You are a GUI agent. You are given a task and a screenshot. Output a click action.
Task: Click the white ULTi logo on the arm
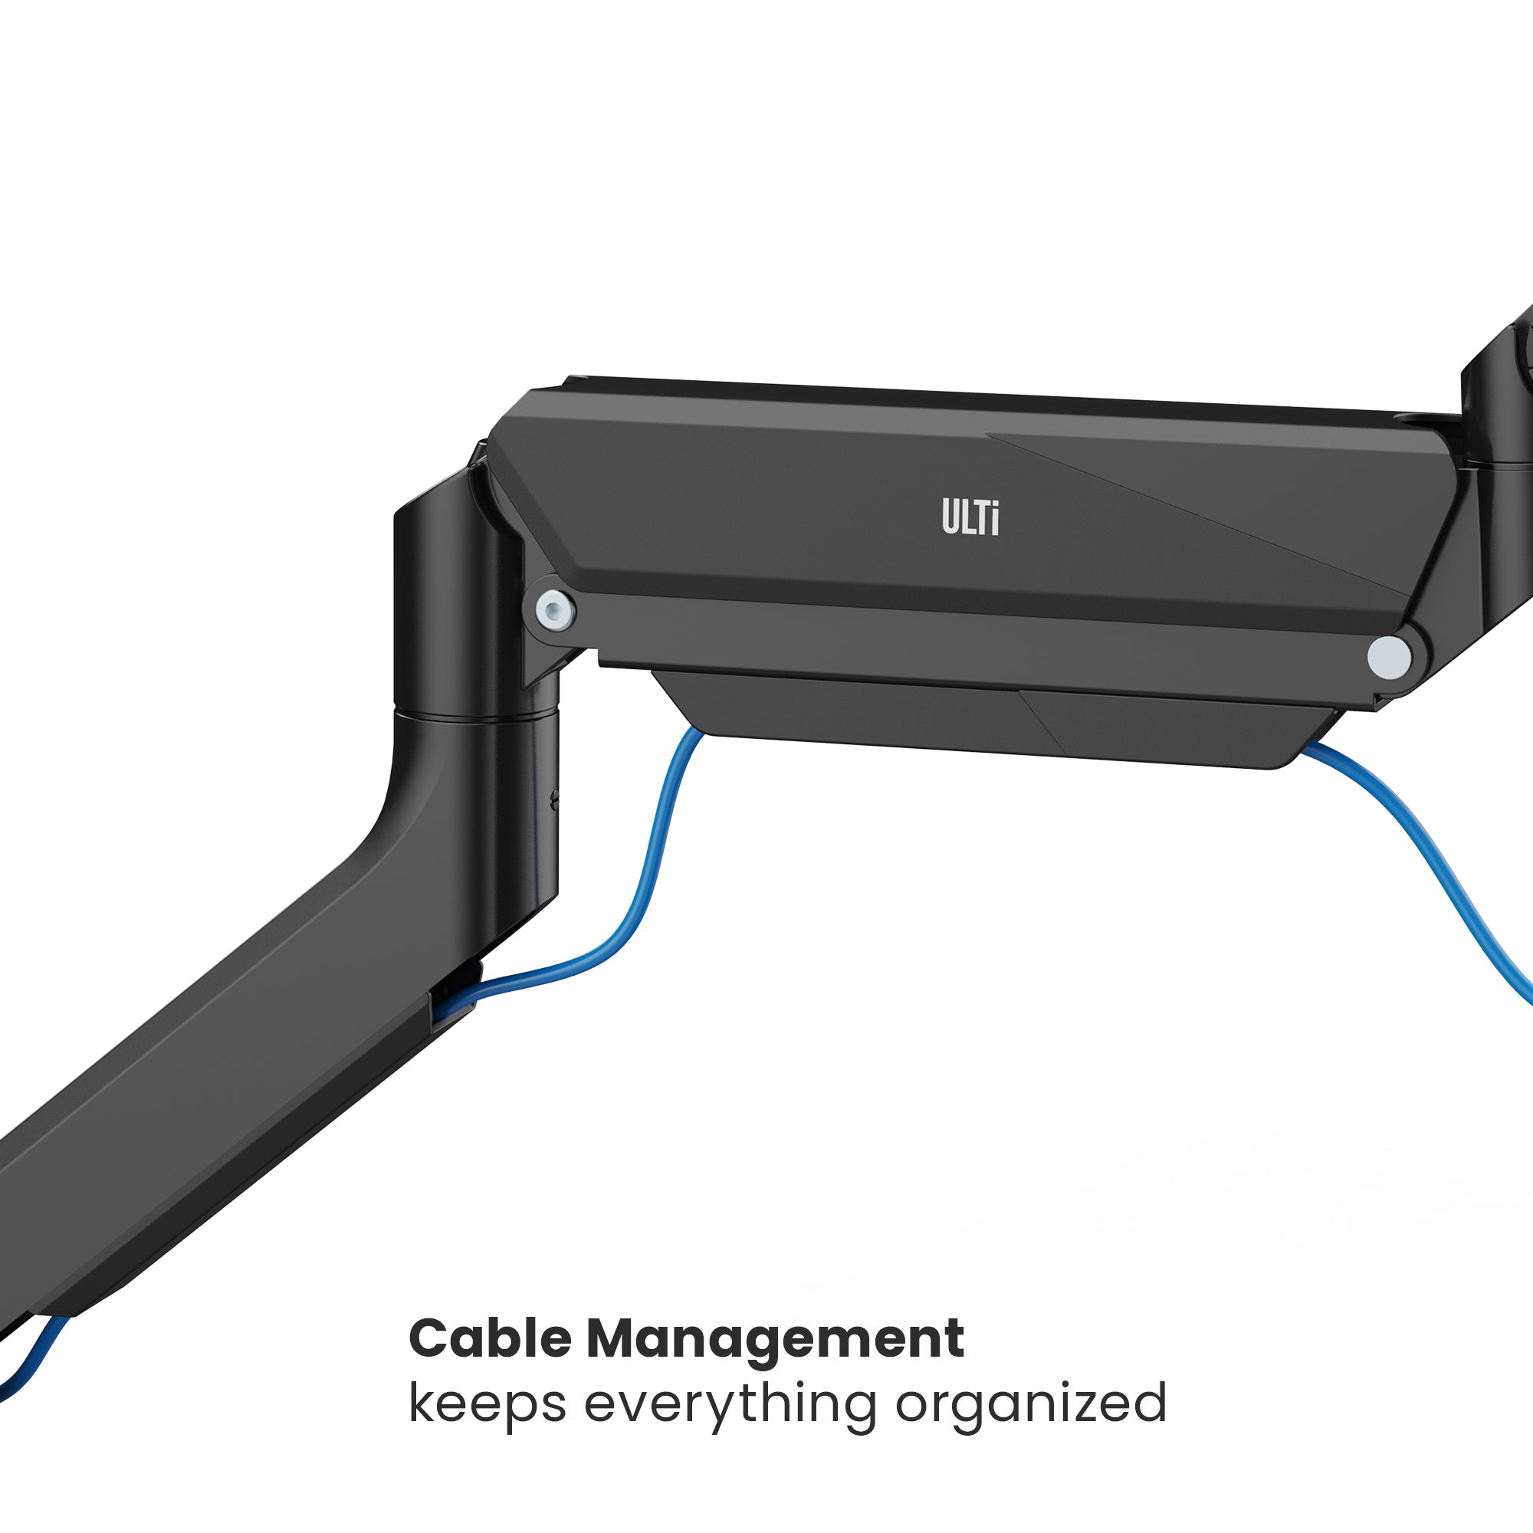[970, 517]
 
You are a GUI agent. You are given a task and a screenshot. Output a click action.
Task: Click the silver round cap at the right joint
[1389, 657]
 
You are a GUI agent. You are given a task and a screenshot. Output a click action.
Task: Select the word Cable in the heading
[490, 1339]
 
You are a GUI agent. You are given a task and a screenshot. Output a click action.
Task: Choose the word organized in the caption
[1031, 1405]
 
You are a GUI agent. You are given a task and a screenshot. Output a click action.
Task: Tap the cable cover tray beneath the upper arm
[992, 718]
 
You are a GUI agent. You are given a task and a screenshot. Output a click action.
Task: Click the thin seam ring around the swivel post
[476, 717]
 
